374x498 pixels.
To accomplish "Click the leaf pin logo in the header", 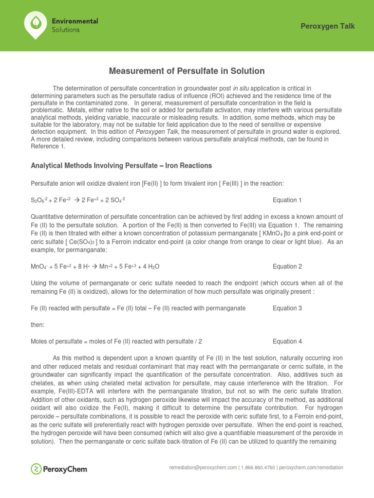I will pos(36,25).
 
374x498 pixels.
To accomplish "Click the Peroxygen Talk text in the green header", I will pos(328,26).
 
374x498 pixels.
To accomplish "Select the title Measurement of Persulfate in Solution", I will pos(187,71).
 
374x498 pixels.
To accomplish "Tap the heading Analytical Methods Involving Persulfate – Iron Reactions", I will pos(121,166).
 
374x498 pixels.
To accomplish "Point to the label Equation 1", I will pos(287,200).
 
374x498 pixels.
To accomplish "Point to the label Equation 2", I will pos(287,267).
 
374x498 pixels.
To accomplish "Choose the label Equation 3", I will pos(287,308).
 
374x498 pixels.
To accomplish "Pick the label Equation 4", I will pos(287,341).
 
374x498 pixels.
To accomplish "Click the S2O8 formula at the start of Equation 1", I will pos(39,200).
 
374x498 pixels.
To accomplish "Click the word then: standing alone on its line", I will pos(37,324).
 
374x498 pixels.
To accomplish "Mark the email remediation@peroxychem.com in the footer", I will pos(202,467).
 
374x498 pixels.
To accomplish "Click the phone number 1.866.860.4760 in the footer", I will pos(256,467).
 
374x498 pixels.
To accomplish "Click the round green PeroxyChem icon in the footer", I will pos(36,469).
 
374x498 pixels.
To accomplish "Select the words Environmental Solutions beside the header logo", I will pos(75,25).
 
